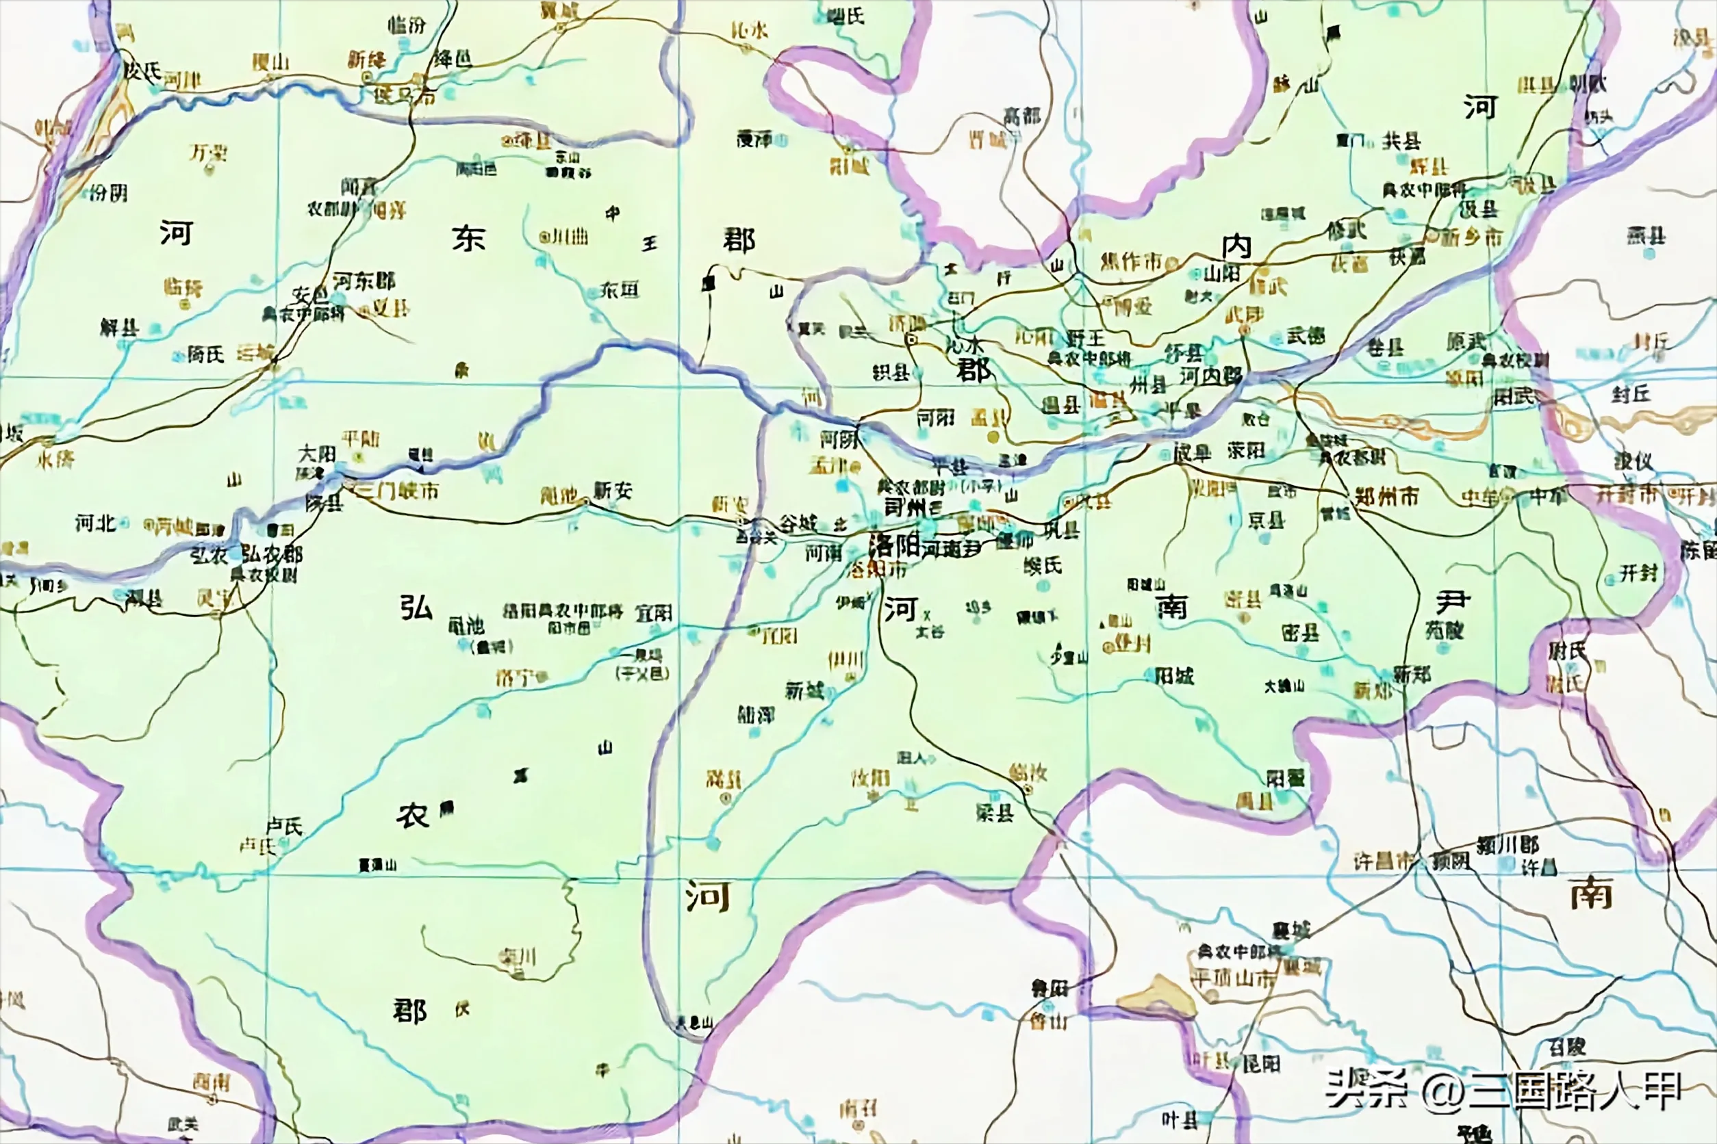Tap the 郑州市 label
click(1387, 497)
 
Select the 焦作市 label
click(1131, 261)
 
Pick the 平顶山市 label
click(1232, 978)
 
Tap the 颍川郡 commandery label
click(1508, 846)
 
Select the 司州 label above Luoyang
click(904, 507)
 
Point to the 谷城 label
click(797, 522)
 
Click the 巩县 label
click(1061, 530)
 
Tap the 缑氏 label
click(1043, 564)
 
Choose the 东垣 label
click(620, 289)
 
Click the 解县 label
click(120, 326)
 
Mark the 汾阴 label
click(109, 193)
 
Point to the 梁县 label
click(994, 812)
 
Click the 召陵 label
click(1566, 1048)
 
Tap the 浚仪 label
click(1633, 460)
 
